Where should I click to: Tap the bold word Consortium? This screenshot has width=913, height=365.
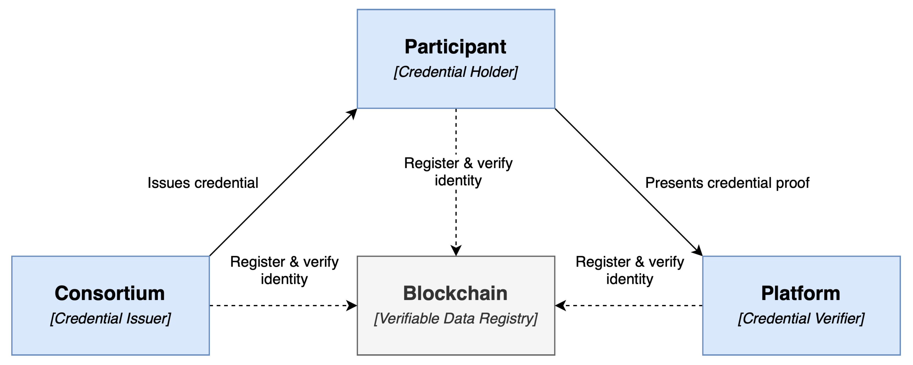coord(109,293)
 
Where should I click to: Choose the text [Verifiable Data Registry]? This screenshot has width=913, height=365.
coord(456,318)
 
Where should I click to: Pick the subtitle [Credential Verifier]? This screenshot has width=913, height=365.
coord(801,318)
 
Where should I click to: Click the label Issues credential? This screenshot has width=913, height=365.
coord(203,183)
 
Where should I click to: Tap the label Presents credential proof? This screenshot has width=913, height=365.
coord(727,183)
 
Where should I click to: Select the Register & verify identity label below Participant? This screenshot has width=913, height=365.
coord(458,172)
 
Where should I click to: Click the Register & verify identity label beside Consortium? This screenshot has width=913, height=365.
coord(284,270)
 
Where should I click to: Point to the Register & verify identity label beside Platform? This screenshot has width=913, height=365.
coord(630,270)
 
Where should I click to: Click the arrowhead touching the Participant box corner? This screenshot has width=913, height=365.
coord(352,113)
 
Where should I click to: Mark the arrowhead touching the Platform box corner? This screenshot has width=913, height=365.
coord(698,251)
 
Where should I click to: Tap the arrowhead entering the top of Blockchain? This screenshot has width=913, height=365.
coord(456,251)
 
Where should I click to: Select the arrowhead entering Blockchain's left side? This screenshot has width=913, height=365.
coord(352,305)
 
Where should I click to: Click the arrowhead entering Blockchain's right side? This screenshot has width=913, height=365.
coord(560,305)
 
